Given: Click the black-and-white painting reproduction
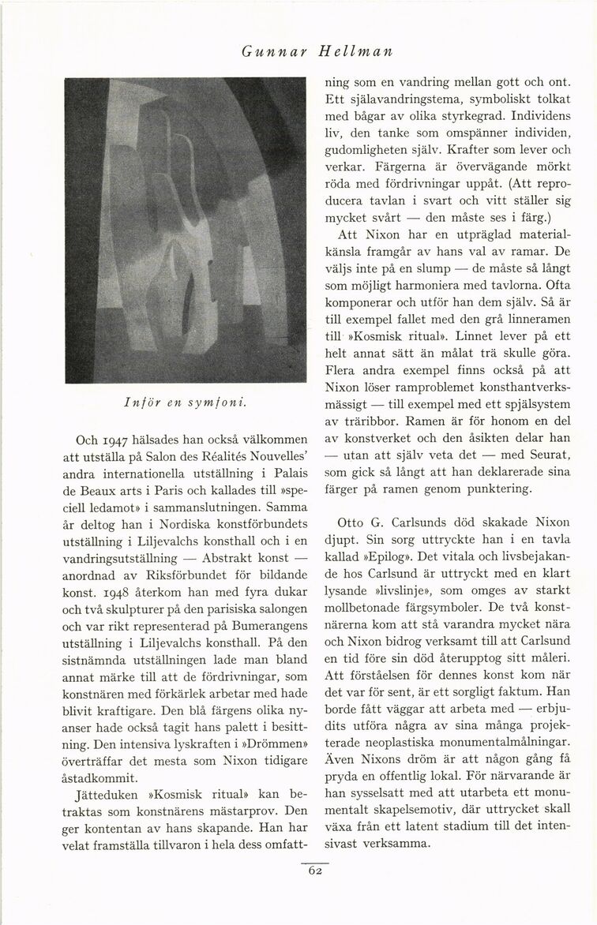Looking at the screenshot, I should pyautogui.click(x=185, y=230).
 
